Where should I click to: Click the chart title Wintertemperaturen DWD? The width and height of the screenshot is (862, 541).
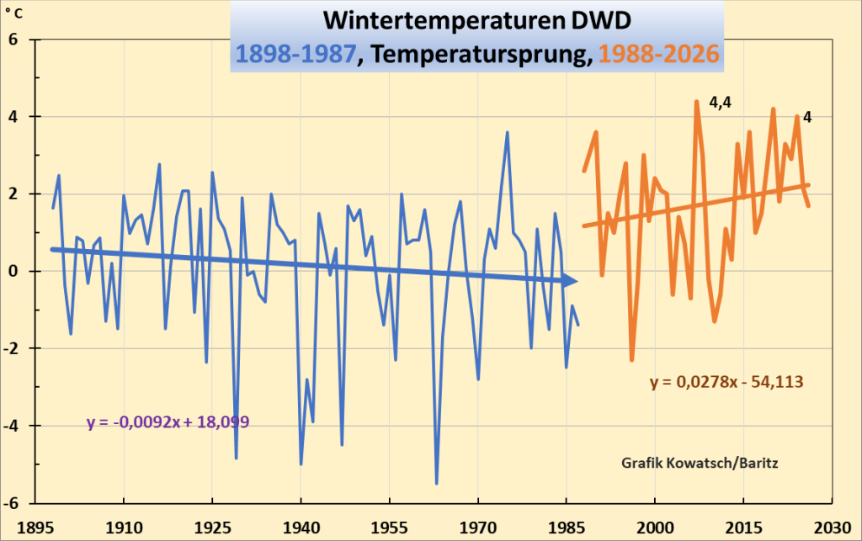tap(476, 21)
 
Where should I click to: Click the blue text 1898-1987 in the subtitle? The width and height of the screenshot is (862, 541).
tap(296, 54)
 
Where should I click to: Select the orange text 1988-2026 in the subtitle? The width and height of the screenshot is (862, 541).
tap(658, 54)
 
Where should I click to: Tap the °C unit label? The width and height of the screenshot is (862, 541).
tap(13, 12)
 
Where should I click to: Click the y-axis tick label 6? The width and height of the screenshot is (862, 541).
tap(13, 39)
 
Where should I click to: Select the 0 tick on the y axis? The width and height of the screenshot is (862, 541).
tap(13, 271)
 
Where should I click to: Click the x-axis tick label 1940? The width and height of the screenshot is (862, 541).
tap(301, 528)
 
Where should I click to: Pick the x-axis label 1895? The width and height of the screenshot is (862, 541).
tap(35, 528)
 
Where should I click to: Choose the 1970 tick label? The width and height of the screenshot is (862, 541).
tap(478, 528)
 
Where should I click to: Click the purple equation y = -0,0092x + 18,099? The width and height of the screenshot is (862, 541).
tap(168, 422)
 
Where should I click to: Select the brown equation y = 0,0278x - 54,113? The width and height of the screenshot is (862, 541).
tap(726, 382)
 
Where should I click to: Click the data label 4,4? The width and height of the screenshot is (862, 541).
tap(721, 103)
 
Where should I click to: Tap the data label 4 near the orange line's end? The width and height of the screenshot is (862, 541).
tap(807, 117)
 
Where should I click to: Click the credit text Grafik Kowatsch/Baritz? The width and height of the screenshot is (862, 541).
tap(700, 463)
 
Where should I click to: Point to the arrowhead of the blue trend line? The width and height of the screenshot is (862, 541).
tap(571, 281)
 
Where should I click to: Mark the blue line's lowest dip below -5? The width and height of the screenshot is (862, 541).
tap(437, 483)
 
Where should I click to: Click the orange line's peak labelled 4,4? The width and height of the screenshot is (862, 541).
tap(696, 102)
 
